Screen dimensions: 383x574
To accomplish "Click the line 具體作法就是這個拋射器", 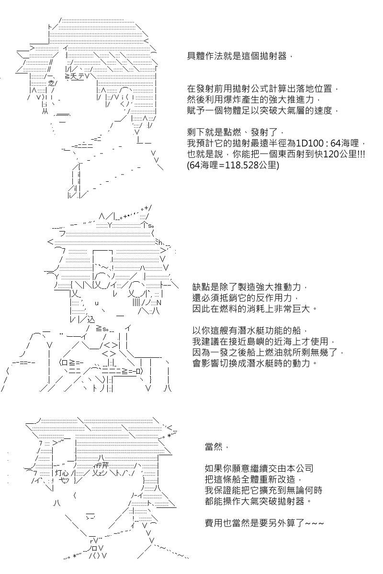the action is coord(237,56).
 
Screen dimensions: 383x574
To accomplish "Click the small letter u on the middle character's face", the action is coord(97,303).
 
